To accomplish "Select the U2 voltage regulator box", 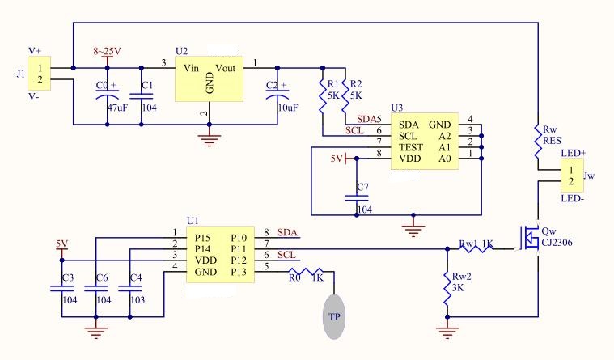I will pyautogui.click(x=210, y=79).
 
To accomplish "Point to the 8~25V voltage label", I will pyautogui.click(x=107, y=51).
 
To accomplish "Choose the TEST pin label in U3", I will pyautogui.click(x=409, y=150).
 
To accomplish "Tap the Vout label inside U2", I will pyautogui.click(x=226, y=69).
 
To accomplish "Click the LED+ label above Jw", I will pyautogui.click(x=574, y=153).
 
